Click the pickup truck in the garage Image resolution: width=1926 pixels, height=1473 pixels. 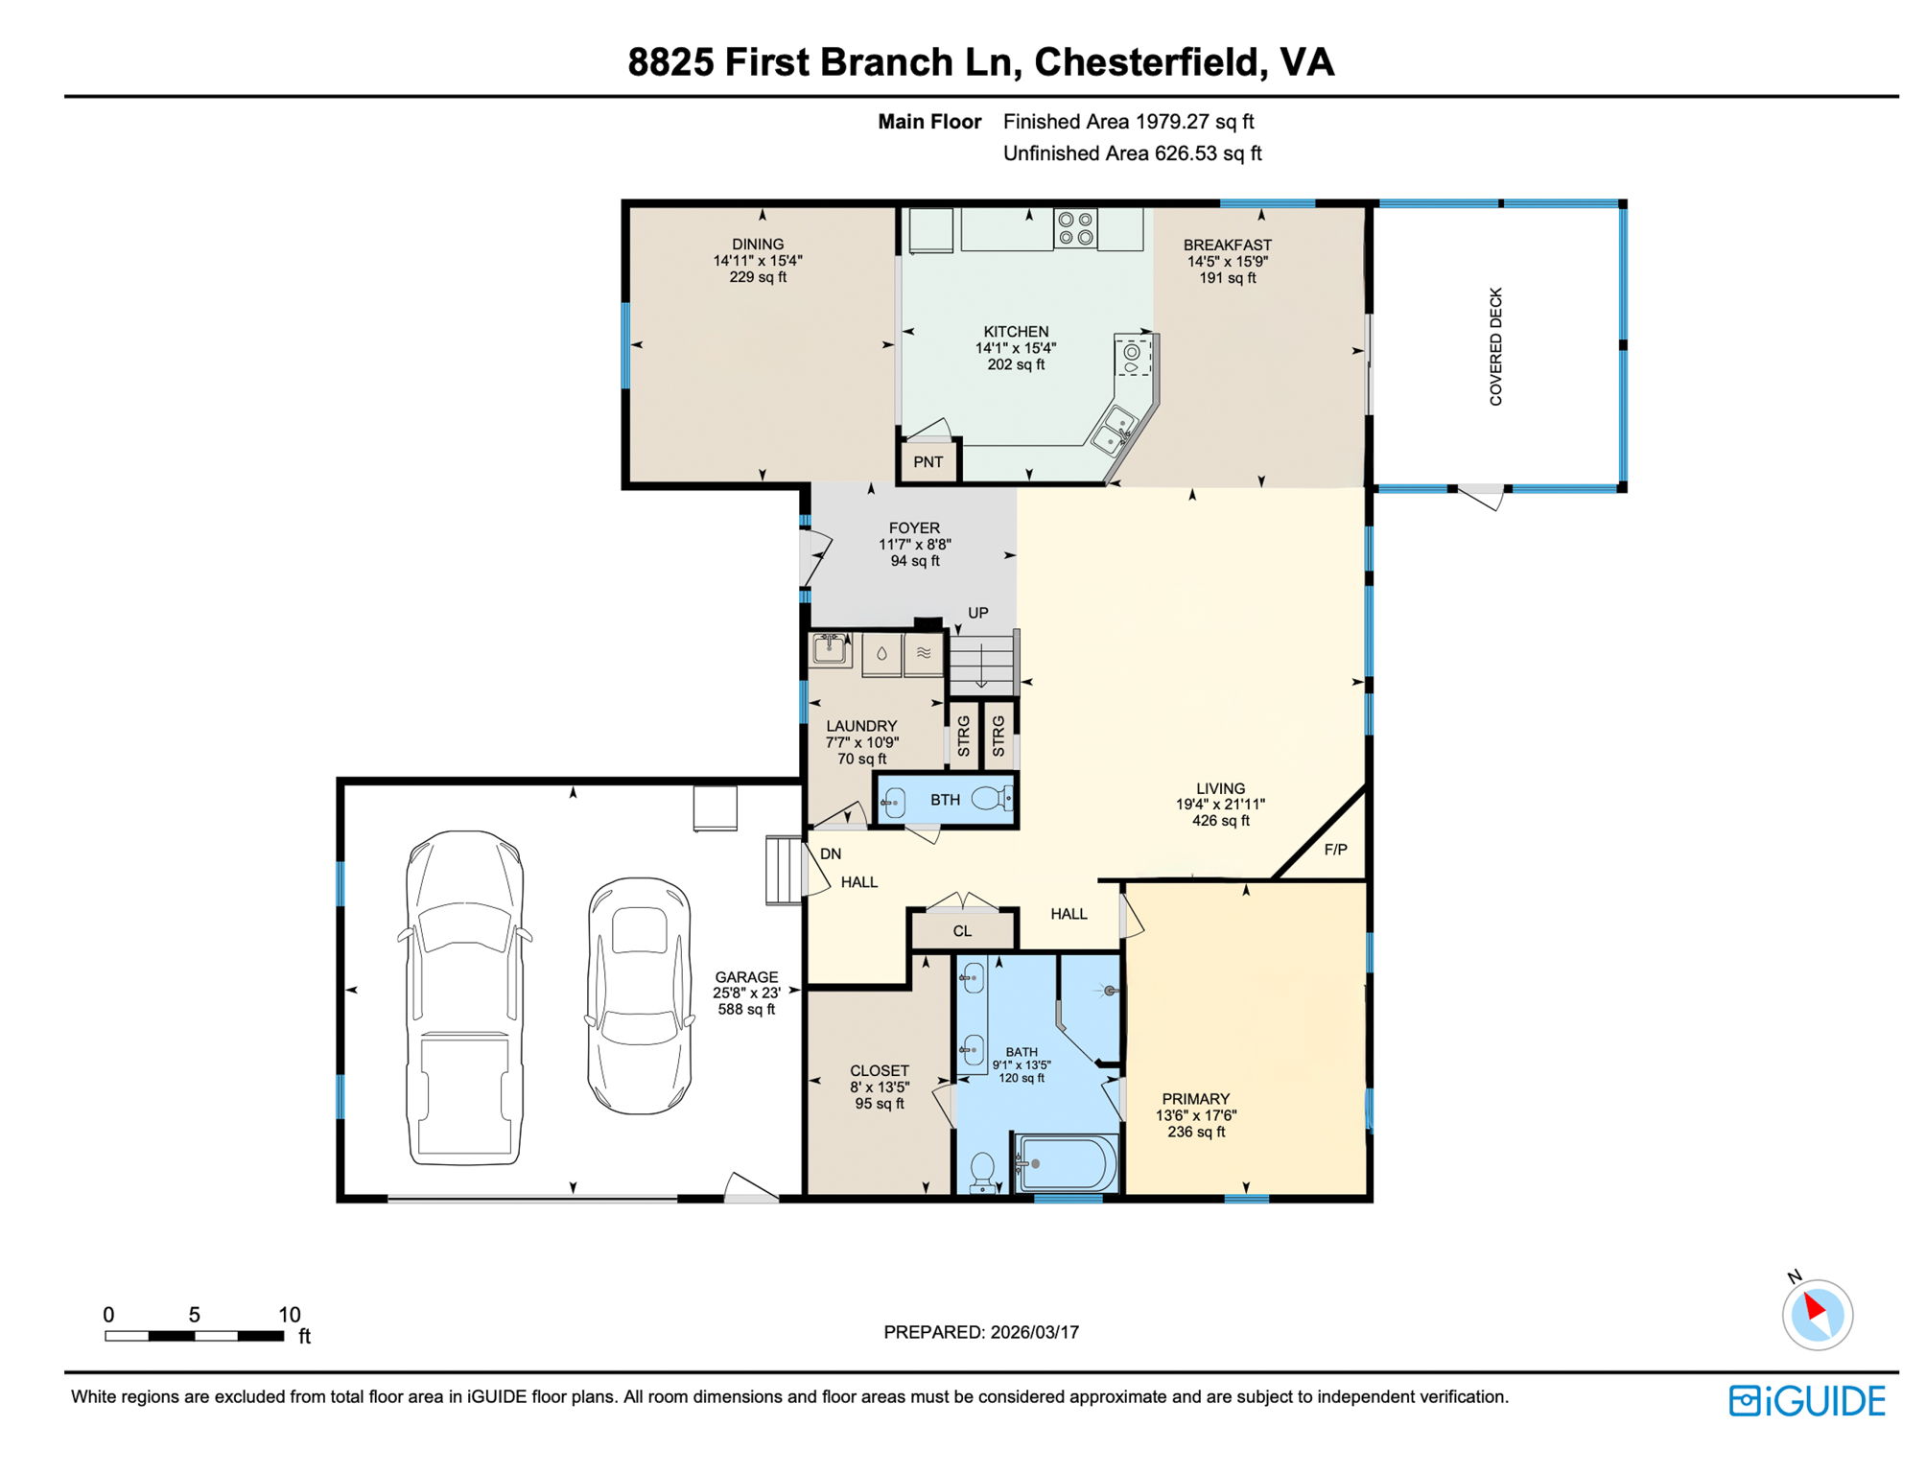click(464, 997)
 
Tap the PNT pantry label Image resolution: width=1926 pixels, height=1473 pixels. click(928, 462)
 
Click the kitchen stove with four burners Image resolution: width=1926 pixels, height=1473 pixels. click(1075, 228)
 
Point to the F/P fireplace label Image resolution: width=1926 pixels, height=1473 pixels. click(1335, 850)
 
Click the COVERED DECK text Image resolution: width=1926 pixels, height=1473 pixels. click(1495, 346)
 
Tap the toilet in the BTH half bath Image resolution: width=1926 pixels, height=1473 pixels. click(992, 798)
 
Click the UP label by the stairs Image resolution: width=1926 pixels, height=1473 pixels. click(977, 613)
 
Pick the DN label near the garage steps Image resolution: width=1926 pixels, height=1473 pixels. click(831, 853)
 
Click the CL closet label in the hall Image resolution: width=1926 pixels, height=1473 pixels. click(962, 931)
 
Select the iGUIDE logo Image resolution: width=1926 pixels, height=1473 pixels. click(1807, 1401)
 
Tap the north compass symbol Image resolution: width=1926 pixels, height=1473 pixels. click(1817, 1314)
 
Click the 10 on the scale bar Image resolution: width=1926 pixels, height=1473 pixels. click(289, 1315)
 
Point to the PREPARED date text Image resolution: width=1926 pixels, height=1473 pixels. click(981, 1332)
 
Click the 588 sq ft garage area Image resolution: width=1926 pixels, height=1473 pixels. click(746, 1010)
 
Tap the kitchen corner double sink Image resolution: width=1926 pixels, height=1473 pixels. click(1114, 431)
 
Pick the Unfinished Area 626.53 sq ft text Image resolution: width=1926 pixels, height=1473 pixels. click(1132, 153)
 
